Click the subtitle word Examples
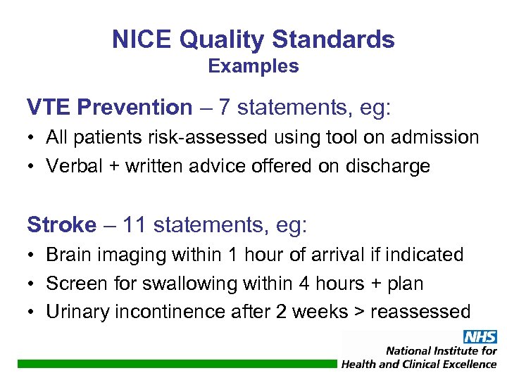pyautogui.click(x=254, y=67)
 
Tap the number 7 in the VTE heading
pyautogui.click(x=225, y=108)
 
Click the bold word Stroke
pyautogui.click(x=61, y=225)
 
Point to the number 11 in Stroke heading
pyautogui.click(x=134, y=225)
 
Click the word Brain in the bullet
pyautogui.click(x=68, y=255)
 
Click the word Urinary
pyautogui.click(x=74, y=312)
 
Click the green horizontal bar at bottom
pyautogui.click(x=176, y=364)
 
